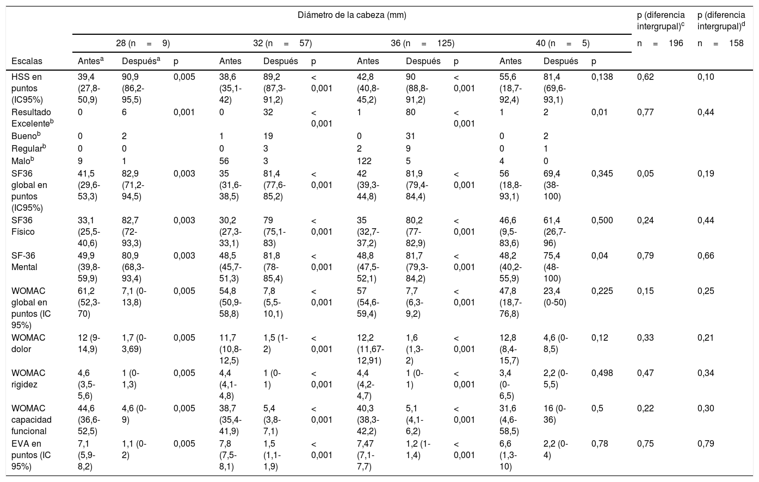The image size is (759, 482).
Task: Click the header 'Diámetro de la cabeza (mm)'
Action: (351, 15)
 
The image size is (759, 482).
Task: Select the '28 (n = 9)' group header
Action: (143, 42)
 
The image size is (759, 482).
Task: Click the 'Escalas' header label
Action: (27, 61)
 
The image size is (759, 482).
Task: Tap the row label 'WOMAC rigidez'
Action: (28, 379)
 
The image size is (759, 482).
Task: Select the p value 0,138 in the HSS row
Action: (602, 77)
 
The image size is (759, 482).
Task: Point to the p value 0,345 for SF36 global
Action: (602, 174)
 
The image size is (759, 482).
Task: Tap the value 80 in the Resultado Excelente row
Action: (411, 112)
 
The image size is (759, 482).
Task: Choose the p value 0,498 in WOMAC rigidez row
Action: (602, 373)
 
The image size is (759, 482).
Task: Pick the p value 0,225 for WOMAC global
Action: (602, 291)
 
